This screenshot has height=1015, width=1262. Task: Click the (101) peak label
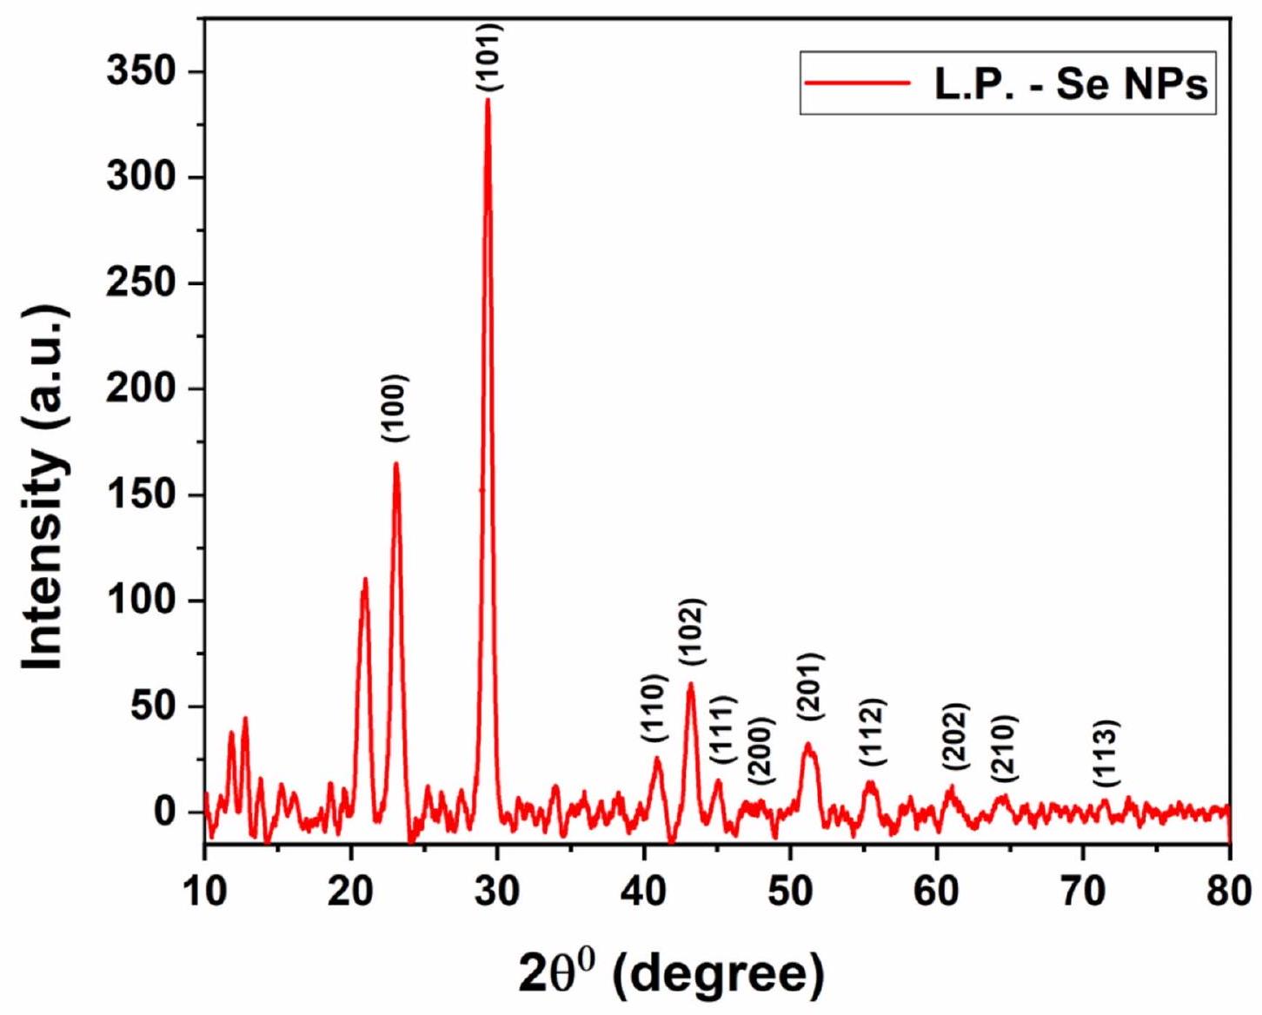point(488,58)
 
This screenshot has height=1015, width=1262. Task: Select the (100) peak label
point(395,408)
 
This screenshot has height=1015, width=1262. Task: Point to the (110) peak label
point(654,707)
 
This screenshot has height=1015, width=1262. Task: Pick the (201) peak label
point(810,687)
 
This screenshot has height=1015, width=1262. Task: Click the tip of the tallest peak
point(488,100)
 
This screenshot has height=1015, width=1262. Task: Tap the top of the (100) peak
point(396,464)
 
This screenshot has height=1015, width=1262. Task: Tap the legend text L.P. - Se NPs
point(1070,84)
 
